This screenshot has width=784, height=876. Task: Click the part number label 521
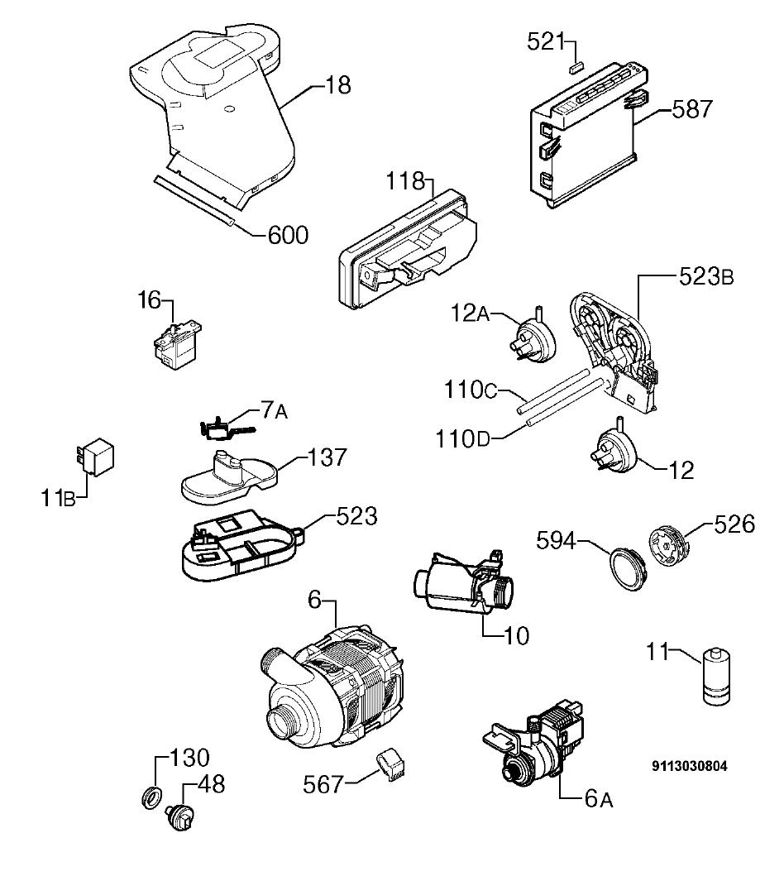546,41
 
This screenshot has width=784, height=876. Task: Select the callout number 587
692,109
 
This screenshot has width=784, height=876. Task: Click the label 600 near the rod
288,235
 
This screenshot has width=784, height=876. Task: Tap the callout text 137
327,457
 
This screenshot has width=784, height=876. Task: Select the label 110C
471,390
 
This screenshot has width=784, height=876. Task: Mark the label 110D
462,439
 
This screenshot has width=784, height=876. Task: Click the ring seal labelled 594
627,568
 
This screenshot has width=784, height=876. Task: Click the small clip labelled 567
391,764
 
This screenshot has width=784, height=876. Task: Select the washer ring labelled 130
152,797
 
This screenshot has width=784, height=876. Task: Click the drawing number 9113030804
690,766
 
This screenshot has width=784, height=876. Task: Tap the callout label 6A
600,799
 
